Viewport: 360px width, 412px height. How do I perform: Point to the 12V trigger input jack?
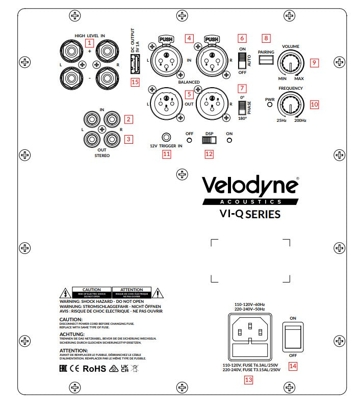pyautogui.click(x=166, y=137)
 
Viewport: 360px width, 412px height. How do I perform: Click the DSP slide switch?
pyautogui.click(x=209, y=139)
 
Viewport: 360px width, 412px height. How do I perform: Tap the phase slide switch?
pyautogui.click(x=242, y=107)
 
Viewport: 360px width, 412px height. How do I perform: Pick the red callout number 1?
pyautogui.click(x=90, y=43)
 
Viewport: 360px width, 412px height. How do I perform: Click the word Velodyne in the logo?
pyautogui.click(x=249, y=186)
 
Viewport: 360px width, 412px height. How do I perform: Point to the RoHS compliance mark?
pyautogui.click(x=94, y=368)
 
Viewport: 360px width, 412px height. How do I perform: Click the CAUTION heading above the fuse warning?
pyautogui.click(x=71, y=319)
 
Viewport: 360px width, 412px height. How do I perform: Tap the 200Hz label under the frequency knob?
pyautogui.click(x=300, y=121)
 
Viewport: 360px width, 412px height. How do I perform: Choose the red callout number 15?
pyautogui.click(x=135, y=82)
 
